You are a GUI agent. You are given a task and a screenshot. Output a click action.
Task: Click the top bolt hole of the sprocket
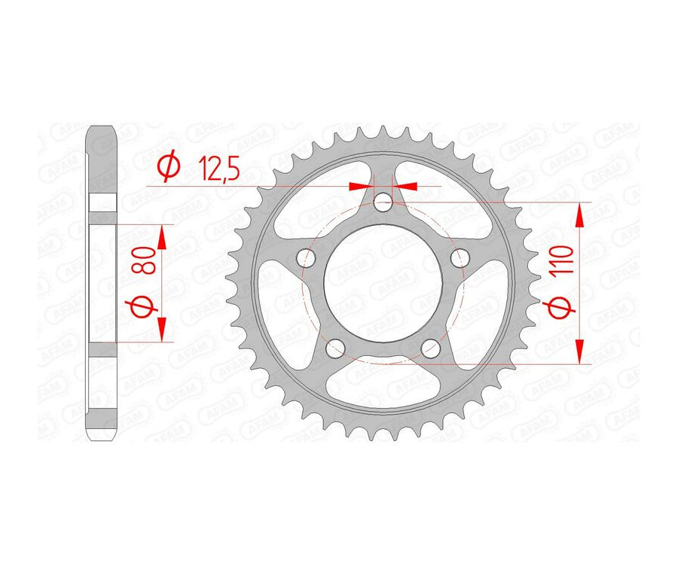pos(383,202)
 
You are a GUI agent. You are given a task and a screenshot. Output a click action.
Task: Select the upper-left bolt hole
pos(305,258)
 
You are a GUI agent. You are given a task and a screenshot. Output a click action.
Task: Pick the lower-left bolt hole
pos(335,348)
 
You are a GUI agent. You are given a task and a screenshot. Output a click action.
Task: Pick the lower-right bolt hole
pos(431,348)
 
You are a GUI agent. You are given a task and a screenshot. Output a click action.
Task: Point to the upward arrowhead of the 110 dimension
pos(579,215)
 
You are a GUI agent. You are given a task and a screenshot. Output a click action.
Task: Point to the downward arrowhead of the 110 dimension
pos(579,351)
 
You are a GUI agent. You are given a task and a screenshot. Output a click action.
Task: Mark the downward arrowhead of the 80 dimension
pos(161,329)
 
